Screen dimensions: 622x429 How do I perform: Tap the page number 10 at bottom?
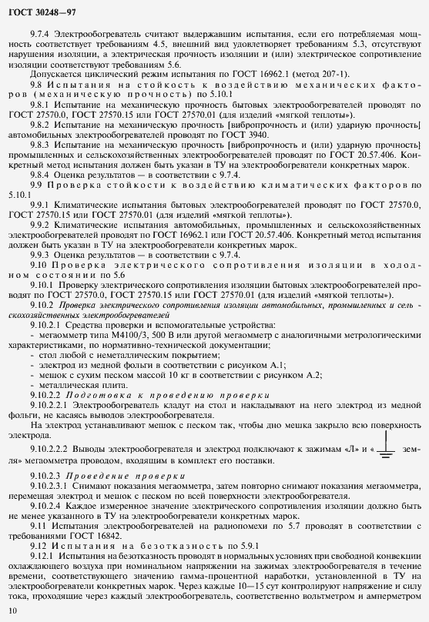pos(12,610)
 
